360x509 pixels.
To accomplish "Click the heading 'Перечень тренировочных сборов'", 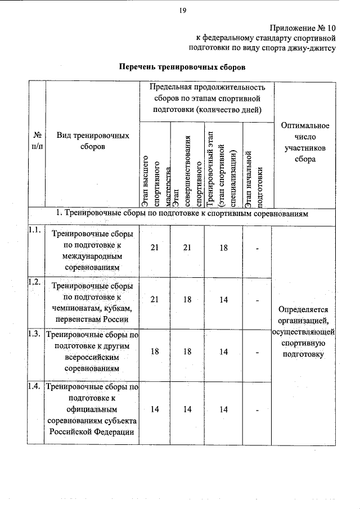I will coord(182,67).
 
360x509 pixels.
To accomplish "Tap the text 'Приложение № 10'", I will coord(303,28).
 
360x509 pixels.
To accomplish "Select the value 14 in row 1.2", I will coord(223,300).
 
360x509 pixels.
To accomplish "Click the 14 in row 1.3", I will coord(223,352).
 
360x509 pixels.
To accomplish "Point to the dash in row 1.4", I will coord(256,410).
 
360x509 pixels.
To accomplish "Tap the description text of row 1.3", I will coord(92,352).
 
